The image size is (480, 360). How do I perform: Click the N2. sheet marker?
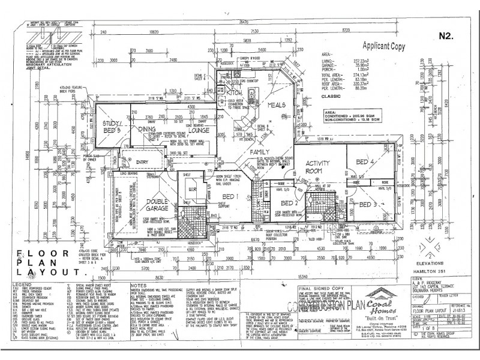[x=445, y=36]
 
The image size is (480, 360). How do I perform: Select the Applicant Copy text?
[x=383, y=45]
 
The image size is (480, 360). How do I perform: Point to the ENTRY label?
[x=142, y=161]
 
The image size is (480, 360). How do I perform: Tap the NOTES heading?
[x=140, y=285]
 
